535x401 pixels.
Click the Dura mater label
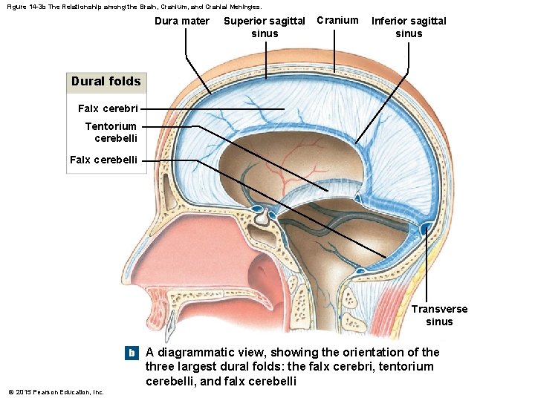point(181,21)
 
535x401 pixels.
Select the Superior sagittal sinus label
point(265,27)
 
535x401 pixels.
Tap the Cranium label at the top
point(337,20)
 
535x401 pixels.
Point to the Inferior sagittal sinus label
point(409,27)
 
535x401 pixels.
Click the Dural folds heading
point(106,81)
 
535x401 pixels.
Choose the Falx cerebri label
point(108,108)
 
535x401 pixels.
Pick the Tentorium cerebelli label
point(111,131)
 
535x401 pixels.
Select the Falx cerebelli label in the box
point(103,159)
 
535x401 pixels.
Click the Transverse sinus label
point(440,315)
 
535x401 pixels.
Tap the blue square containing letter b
point(132,353)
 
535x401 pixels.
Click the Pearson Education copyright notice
point(56,391)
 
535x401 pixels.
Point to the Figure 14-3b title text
point(134,6)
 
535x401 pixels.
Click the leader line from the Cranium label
point(334,52)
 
